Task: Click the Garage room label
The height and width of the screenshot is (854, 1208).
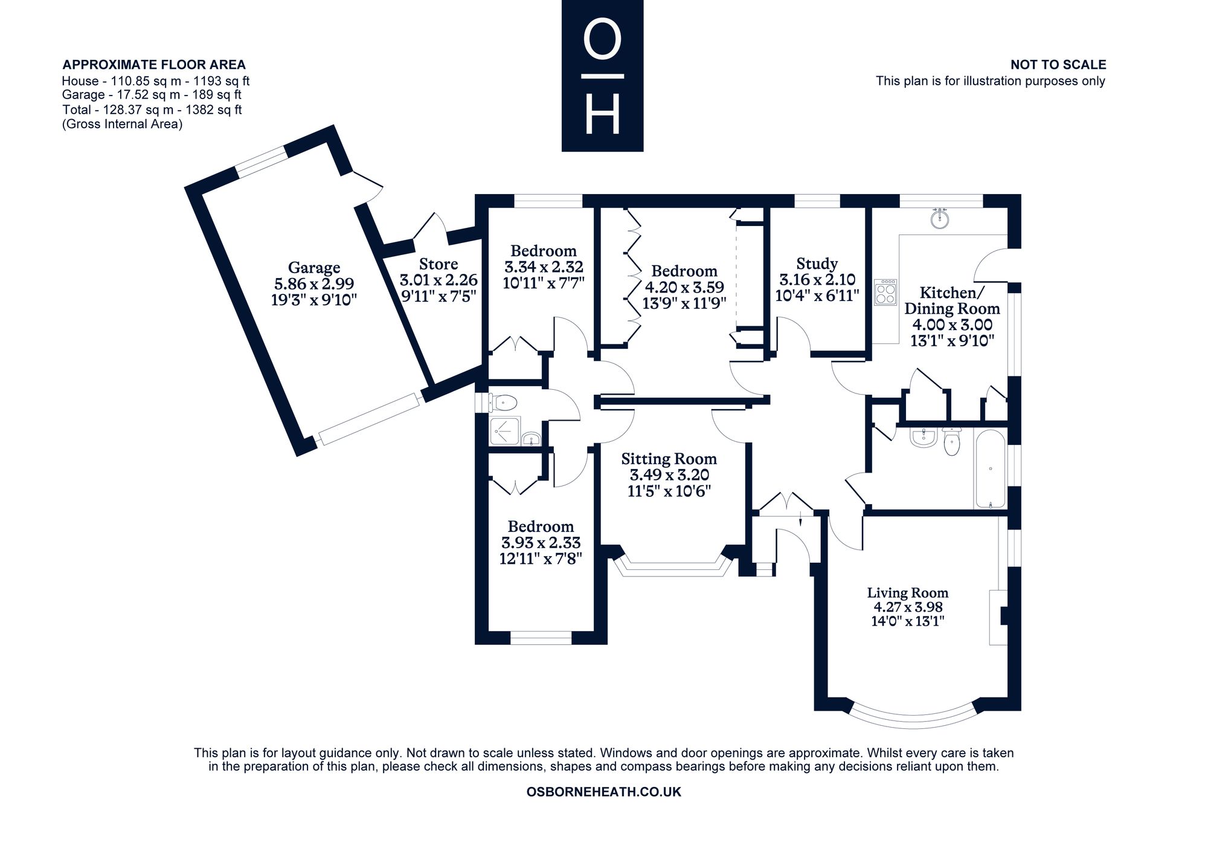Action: click(314, 267)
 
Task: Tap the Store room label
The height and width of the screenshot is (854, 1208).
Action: click(439, 264)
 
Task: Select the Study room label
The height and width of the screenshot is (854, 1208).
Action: click(817, 264)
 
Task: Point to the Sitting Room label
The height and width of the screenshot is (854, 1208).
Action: click(669, 459)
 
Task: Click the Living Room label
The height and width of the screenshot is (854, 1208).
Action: click(907, 593)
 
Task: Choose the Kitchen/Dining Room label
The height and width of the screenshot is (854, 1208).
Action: click(952, 300)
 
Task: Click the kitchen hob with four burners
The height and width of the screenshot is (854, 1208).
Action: click(885, 292)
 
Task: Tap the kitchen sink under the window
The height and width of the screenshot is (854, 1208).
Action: click(939, 218)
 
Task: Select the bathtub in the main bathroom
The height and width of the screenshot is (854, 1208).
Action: click(990, 468)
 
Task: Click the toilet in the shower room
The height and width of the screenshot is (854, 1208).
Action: click(503, 402)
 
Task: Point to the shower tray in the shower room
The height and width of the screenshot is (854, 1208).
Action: click(504, 430)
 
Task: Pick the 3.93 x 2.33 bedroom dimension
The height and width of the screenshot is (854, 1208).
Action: click(541, 543)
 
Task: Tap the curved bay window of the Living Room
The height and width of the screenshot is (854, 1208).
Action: click(913, 718)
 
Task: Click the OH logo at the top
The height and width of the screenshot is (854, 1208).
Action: click(602, 76)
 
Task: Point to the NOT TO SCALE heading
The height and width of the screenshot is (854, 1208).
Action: click(1058, 65)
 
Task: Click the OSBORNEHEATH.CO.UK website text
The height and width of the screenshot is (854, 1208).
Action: click(604, 792)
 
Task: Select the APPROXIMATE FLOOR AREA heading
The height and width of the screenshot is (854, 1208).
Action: click(154, 65)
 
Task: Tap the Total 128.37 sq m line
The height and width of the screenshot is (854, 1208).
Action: click(152, 110)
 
